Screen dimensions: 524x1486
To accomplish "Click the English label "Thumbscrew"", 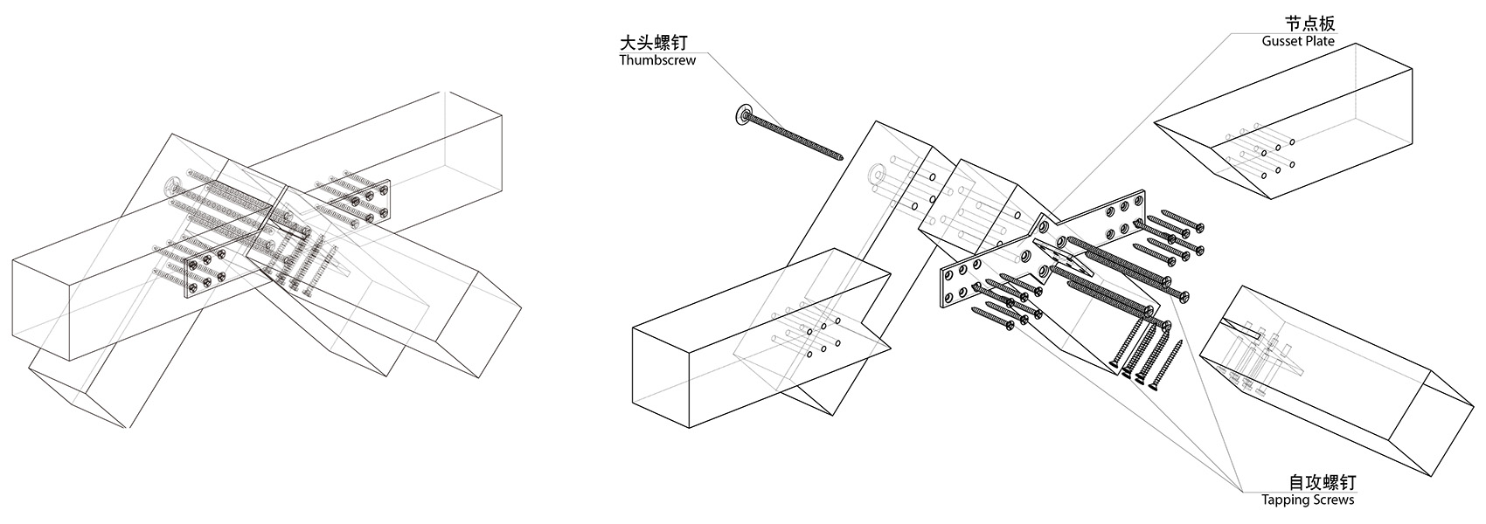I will (x=657, y=60).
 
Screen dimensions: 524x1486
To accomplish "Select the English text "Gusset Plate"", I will (x=1298, y=41).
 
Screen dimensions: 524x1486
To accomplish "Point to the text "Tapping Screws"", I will (x=1308, y=500).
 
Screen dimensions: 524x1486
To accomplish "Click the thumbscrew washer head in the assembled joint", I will (x=173, y=186).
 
